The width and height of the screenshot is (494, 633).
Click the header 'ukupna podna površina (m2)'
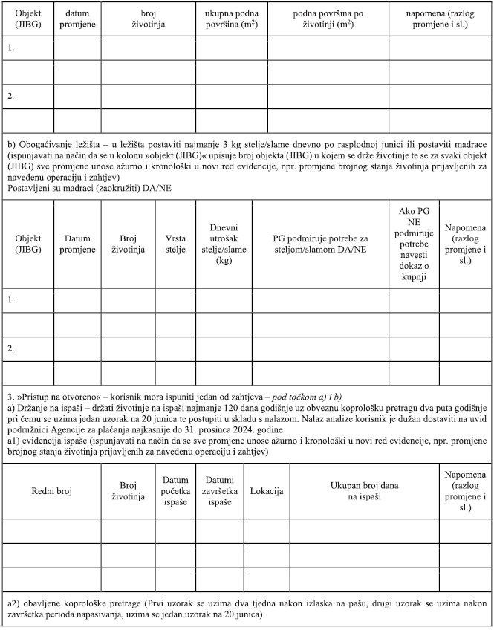coord(232,19)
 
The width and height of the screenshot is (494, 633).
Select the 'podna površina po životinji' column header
coord(328,19)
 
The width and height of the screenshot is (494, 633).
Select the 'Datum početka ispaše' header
coord(175,492)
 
